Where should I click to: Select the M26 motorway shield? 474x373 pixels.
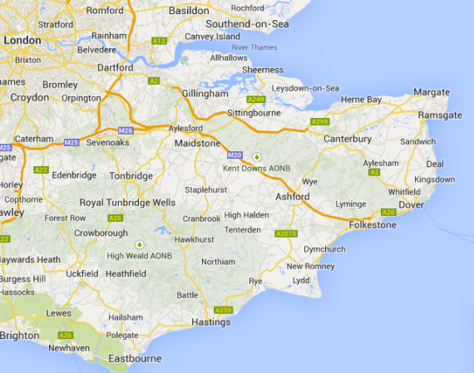click(x=126, y=130)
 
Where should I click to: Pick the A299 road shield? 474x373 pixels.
click(x=319, y=122)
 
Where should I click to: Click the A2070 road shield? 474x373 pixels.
click(x=285, y=234)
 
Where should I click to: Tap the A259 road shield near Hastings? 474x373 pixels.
click(x=221, y=310)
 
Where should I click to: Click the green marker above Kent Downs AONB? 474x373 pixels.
click(x=257, y=155)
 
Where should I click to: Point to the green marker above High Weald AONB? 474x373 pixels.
click(x=139, y=243)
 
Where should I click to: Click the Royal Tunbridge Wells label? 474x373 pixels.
click(x=127, y=203)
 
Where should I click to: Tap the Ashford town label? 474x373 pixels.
click(x=292, y=197)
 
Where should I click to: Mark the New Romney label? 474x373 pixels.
click(x=310, y=266)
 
